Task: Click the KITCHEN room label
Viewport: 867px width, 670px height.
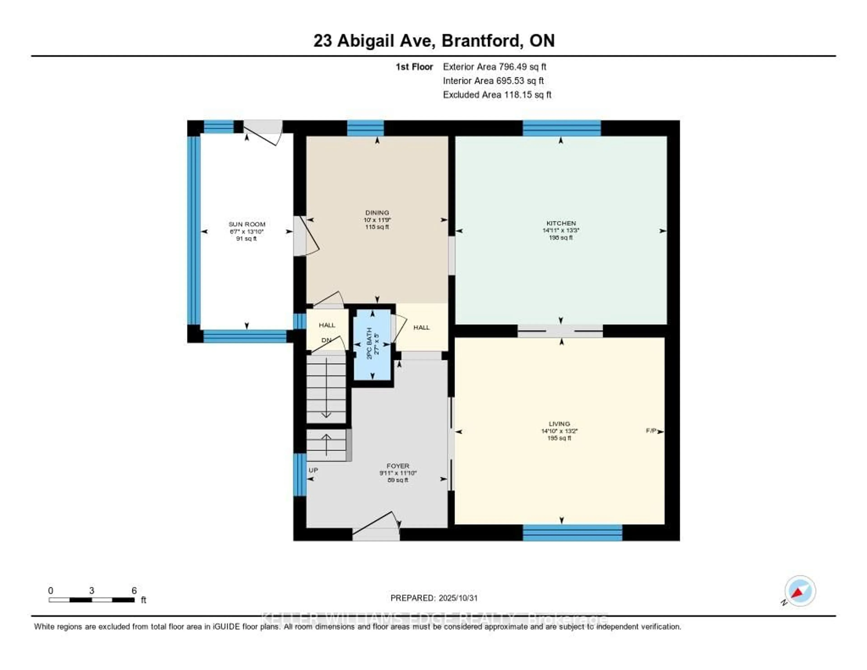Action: (561, 223)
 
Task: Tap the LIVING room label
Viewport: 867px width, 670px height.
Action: (559, 424)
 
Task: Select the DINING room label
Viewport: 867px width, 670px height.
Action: (377, 213)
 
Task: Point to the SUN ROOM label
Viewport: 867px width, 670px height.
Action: (247, 224)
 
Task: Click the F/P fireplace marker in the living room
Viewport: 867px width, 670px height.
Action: (651, 431)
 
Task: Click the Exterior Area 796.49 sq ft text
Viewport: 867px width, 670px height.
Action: (495, 67)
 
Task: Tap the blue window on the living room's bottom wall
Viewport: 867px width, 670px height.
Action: (572, 533)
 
